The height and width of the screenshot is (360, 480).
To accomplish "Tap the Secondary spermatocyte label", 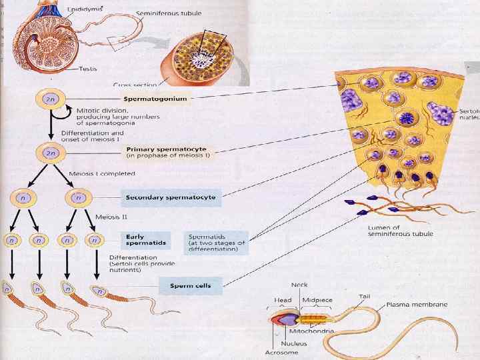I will (x=171, y=197).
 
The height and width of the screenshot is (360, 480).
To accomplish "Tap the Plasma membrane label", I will (x=417, y=305).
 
